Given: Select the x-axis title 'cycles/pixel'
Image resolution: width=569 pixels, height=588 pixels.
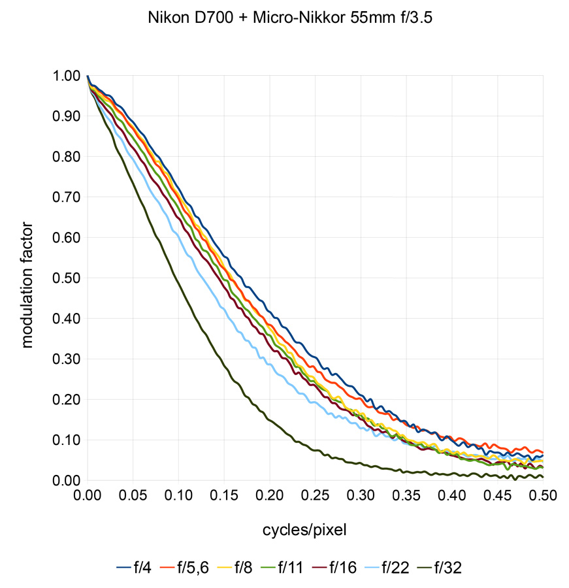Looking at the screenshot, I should (x=304, y=530).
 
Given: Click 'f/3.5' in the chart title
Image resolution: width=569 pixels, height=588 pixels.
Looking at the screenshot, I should (x=415, y=20).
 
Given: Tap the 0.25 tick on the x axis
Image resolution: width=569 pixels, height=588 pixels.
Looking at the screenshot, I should (x=316, y=497).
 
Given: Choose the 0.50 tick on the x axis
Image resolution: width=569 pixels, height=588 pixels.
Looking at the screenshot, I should (x=544, y=497).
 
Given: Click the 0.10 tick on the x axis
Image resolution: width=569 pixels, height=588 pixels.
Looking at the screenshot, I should (x=178, y=497).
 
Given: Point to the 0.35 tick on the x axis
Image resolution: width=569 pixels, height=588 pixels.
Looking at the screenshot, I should (x=406, y=497).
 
